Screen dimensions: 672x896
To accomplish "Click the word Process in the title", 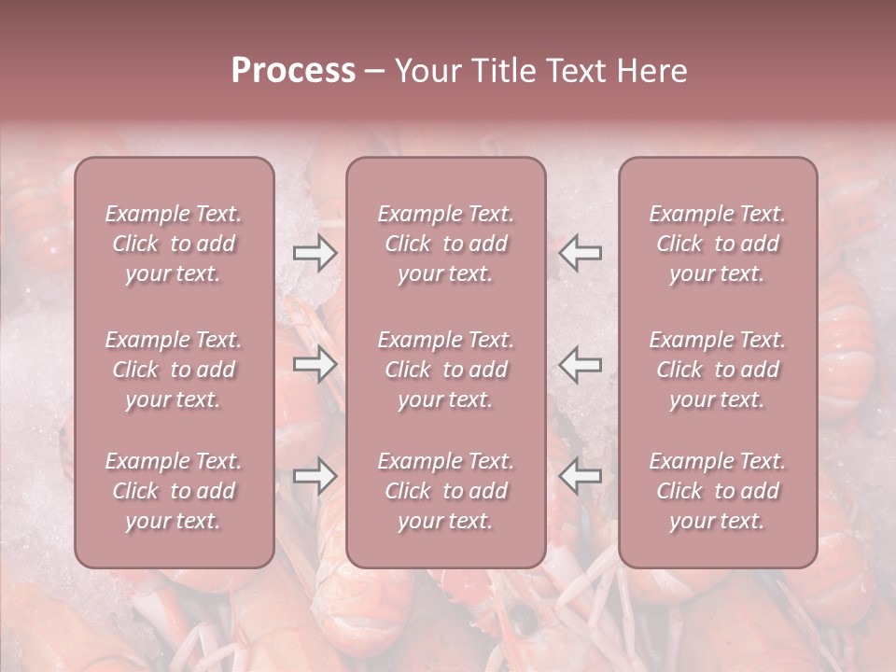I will point(293,71).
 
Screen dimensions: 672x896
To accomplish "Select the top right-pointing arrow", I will point(315,253).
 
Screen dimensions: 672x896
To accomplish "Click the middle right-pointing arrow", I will point(315,364).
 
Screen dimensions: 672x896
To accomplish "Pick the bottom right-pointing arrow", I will point(315,476).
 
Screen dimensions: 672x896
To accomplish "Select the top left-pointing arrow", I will point(580,253).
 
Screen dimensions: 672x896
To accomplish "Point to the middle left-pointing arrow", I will point(580,364).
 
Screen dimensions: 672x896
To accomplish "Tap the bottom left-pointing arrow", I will point(580,476).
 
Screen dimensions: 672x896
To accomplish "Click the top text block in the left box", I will point(174,244).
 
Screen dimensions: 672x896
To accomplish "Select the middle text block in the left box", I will point(174,370).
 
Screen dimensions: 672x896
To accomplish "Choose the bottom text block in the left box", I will point(174,491).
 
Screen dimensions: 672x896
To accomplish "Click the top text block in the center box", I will point(445,244).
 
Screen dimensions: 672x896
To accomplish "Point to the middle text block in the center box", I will point(445,370).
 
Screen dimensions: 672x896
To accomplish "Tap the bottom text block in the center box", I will point(445,491).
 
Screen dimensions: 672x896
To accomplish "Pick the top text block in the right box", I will point(717,244).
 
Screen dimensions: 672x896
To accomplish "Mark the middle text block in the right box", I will point(717,370).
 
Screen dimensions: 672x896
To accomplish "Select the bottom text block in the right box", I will point(717,491).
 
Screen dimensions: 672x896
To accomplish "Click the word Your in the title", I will point(425,71).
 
